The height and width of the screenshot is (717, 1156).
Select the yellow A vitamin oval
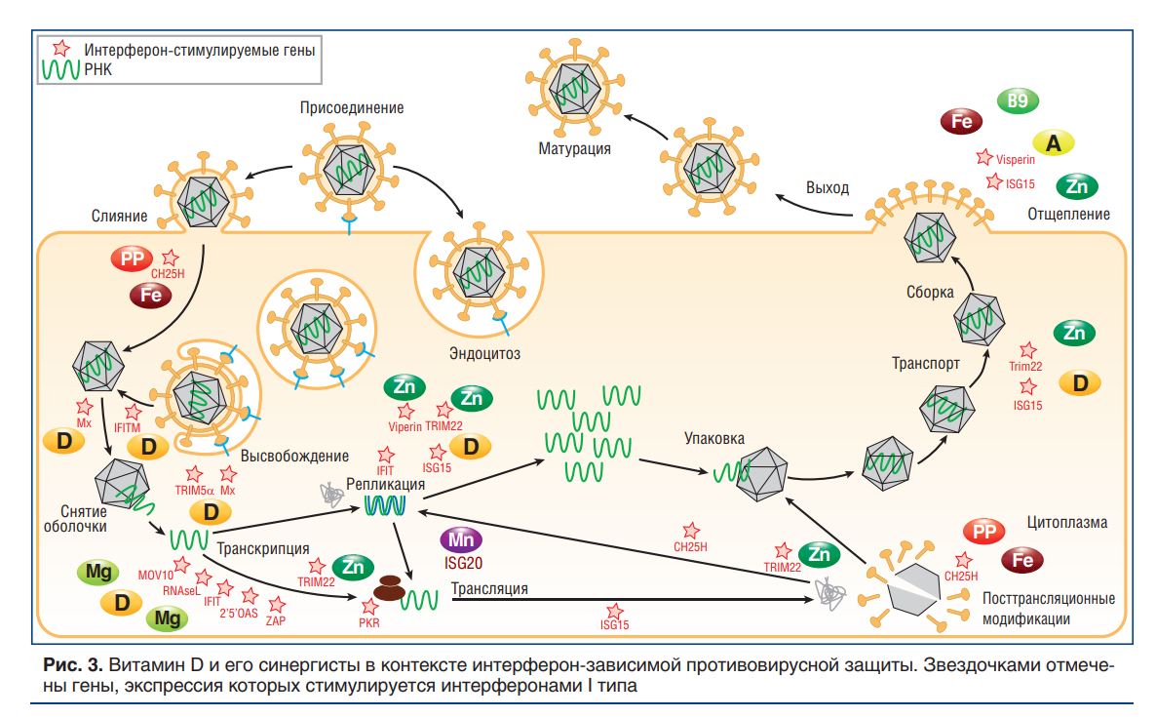coord(1053,143)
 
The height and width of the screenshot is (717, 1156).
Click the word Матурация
coord(574,149)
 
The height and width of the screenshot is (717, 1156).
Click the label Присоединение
coord(352,107)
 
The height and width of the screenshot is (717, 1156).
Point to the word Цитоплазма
coord(1066,522)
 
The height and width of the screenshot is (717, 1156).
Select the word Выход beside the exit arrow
coord(827,188)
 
